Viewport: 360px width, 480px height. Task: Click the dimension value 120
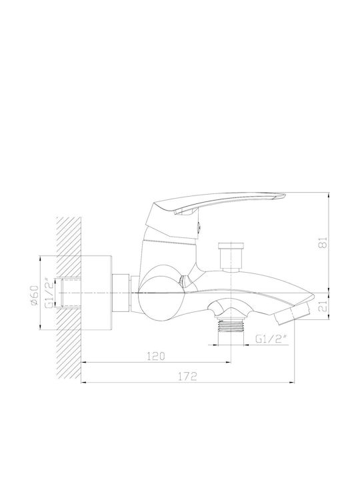coord(156,356)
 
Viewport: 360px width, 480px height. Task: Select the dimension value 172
coord(187,376)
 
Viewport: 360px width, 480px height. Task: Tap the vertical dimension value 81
coord(323,242)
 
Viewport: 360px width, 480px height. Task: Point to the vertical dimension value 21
coord(323,306)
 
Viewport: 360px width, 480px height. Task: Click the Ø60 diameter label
coord(34,295)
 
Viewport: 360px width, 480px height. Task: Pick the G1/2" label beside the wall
coord(49,293)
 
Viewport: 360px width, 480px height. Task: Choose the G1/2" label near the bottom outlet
coord(271,339)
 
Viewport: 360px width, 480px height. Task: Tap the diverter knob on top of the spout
coord(231,257)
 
